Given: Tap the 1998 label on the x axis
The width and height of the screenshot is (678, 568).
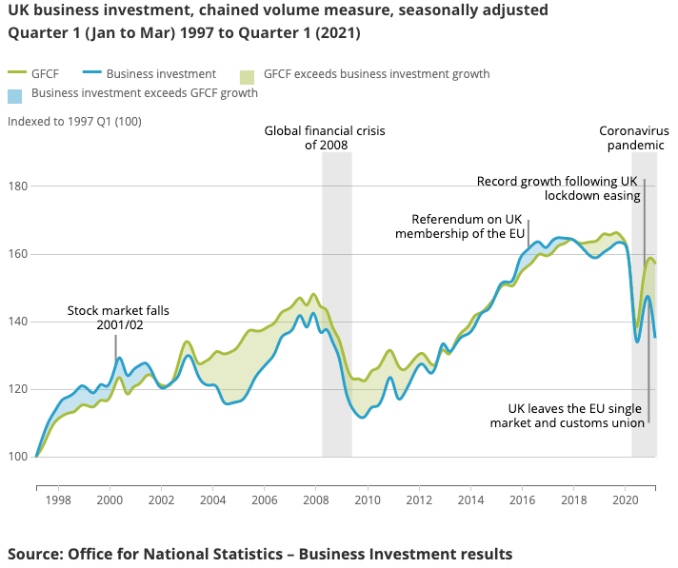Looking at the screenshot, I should [x=58, y=499].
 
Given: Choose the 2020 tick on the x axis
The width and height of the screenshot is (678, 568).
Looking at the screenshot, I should [x=626, y=499].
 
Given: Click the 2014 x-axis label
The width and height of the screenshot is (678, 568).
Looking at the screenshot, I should [x=470, y=499].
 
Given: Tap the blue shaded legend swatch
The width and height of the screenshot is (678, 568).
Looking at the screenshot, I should [x=15, y=94].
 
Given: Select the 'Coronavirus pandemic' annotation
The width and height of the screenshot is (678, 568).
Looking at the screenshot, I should [x=631, y=138].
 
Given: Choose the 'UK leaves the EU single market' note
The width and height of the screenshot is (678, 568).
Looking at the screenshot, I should [x=568, y=415].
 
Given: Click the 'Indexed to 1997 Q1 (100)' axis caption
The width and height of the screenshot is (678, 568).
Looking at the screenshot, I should [x=74, y=122].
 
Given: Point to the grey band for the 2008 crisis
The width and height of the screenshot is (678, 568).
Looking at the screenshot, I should [x=336, y=304].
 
